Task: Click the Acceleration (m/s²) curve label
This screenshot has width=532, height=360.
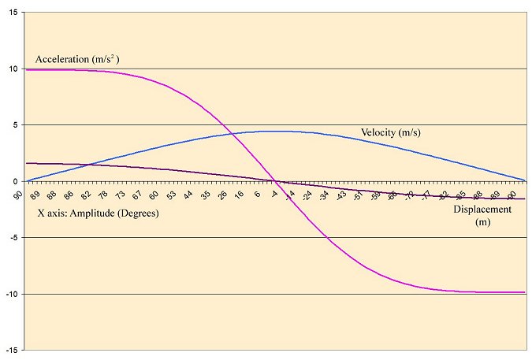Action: [76, 60]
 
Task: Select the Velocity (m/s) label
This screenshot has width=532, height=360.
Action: [390, 132]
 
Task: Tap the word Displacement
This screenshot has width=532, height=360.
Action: [482, 210]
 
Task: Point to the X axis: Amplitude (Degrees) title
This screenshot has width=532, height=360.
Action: [93, 212]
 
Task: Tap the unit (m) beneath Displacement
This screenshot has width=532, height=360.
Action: [482, 222]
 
